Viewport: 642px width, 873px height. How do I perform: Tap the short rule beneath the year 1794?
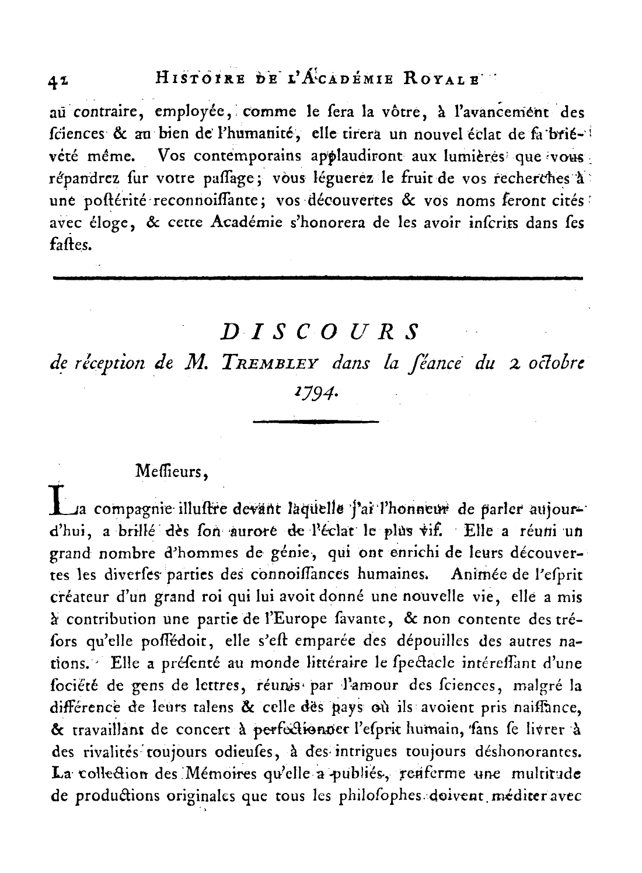316,420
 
